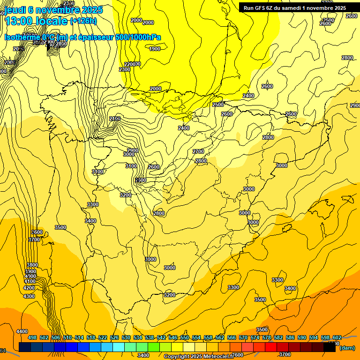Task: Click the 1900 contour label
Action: (x=155, y=49)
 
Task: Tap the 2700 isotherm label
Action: (x=198, y=151)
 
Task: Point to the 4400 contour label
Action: (x=22, y=331)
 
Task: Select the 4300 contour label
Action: (x=29, y=296)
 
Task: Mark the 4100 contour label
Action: (x=30, y=282)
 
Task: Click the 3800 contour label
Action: (x=32, y=265)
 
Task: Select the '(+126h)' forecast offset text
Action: (x=83, y=21)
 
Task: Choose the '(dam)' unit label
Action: (x=347, y=348)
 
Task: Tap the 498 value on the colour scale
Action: (x=32, y=337)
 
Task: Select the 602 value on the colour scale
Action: (x=337, y=337)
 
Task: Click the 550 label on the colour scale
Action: (x=185, y=337)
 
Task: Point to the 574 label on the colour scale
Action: (x=255, y=337)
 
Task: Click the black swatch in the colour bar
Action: (x=330, y=347)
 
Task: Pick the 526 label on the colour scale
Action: (x=114, y=337)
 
